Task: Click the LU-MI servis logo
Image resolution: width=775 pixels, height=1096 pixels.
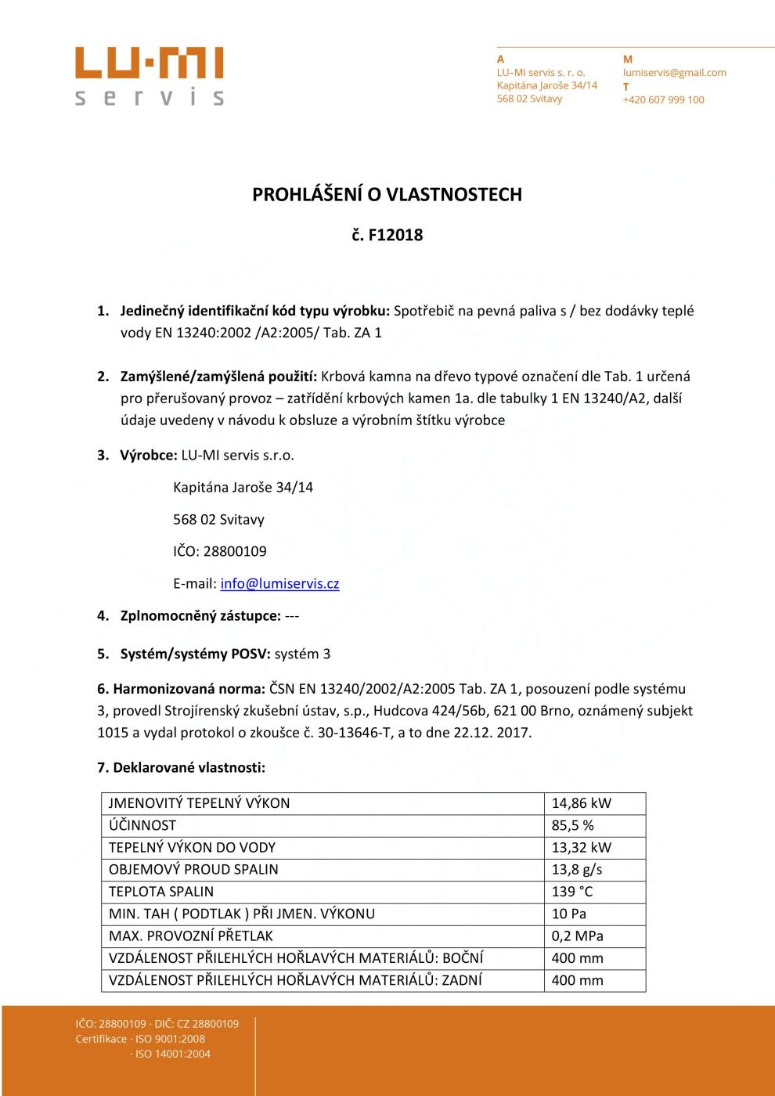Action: [x=150, y=76]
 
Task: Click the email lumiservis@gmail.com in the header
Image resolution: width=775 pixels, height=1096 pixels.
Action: [x=674, y=73]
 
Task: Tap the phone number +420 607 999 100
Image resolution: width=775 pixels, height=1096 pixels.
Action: [x=663, y=100]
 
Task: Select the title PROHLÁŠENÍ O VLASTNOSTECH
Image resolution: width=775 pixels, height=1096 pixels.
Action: [x=387, y=195]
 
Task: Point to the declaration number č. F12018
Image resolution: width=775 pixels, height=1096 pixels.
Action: [x=387, y=235]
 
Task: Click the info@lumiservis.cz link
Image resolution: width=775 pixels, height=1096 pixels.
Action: [x=279, y=583]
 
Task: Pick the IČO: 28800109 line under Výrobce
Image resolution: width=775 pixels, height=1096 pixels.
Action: [x=219, y=551]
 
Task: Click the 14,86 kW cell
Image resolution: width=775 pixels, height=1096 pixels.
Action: [x=581, y=803]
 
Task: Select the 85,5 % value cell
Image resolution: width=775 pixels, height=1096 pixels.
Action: [x=572, y=825]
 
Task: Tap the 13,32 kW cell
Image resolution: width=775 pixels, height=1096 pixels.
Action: [x=581, y=847]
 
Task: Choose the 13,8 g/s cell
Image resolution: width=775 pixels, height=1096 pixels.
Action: [x=577, y=869]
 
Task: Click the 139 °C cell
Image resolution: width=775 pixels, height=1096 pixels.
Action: [x=572, y=892]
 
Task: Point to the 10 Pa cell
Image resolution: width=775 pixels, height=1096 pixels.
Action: [x=568, y=914]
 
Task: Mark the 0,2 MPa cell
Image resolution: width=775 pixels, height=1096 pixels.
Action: [x=577, y=936]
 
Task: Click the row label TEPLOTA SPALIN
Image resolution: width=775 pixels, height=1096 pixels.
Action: [x=161, y=892]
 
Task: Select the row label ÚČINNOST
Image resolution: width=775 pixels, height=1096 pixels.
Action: [x=142, y=825]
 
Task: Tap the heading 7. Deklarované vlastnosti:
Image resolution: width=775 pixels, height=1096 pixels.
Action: [x=181, y=768]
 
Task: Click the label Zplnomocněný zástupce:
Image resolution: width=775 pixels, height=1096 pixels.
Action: [x=200, y=615]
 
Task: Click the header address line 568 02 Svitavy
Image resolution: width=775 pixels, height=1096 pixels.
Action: [x=529, y=99]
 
